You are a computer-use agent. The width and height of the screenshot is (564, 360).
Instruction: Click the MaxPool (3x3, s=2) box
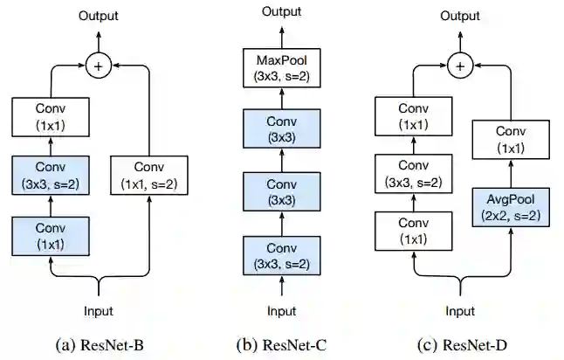pyautogui.click(x=282, y=68)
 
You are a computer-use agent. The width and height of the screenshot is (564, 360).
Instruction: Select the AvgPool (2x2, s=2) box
pyautogui.click(x=511, y=207)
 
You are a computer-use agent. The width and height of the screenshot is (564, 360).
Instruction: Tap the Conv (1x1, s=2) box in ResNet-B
pyautogui.click(x=149, y=176)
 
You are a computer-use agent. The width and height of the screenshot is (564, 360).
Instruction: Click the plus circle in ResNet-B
pyautogui.click(x=98, y=66)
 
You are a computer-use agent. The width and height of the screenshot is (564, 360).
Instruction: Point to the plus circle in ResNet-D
pyautogui.click(x=460, y=66)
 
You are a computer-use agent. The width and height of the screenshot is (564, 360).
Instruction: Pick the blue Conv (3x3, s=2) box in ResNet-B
pyautogui.click(x=51, y=176)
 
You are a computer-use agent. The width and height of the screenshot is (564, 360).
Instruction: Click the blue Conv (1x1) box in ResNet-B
pyautogui.click(x=51, y=237)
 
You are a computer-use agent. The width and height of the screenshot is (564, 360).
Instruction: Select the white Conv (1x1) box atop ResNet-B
pyautogui.click(x=51, y=117)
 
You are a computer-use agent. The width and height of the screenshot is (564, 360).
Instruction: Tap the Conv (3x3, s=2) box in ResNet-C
pyautogui.click(x=282, y=256)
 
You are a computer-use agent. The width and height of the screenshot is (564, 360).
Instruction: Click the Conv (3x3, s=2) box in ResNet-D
pyautogui.click(x=414, y=174)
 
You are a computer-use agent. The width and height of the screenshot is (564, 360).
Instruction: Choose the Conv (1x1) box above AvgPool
pyautogui.click(x=511, y=140)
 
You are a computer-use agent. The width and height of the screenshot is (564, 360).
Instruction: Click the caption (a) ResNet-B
pyautogui.click(x=100, y=345)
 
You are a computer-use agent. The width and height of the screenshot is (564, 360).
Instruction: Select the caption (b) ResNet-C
pyautogui.click(x=282, y=345)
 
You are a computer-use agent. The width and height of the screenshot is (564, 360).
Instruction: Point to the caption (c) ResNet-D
pyautogui.click(x=462, y=345)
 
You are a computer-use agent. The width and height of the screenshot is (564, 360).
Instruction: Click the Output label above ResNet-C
pyautogui.click(x=282, y=11)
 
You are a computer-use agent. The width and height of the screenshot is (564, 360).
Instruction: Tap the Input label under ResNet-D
pyautogui.click(x=460, y=311)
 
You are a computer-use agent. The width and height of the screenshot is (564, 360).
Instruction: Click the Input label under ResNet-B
pyautogui.click(x=98, y=311)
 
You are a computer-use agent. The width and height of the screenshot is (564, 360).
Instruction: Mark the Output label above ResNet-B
pyautogui.click(x=98, y=16)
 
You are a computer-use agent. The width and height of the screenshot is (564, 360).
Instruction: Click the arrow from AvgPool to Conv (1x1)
pyautogui.click(x=511, y=174)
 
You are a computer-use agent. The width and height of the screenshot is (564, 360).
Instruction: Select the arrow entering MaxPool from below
pyautogui.click(x=282, y=98)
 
